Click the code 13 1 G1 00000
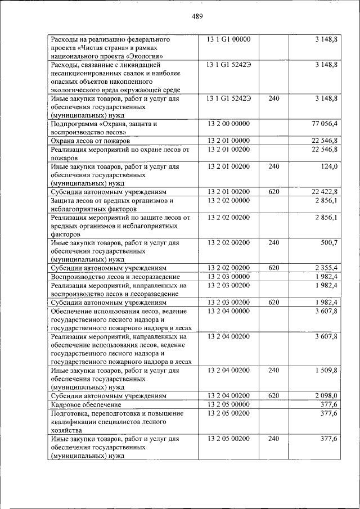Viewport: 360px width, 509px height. [x=228, y=39]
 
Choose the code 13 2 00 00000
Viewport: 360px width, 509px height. [x=228, y=123]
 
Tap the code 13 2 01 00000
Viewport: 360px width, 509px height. [x=228, y=140]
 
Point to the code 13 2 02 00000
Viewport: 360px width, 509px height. [x=228, y=200]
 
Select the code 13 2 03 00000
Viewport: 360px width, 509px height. [x=228, y=277]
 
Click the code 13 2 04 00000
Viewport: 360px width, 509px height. [x=228, y=311]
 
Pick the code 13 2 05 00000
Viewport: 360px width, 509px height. [x=228, y=404]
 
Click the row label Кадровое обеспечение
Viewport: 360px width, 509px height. [x=85, y=405]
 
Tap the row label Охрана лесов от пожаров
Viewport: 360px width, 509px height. [x=90, y=141]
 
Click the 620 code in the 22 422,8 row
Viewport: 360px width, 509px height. [x=274, y=192]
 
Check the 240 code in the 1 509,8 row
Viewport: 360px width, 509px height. [x=274, y=371]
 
